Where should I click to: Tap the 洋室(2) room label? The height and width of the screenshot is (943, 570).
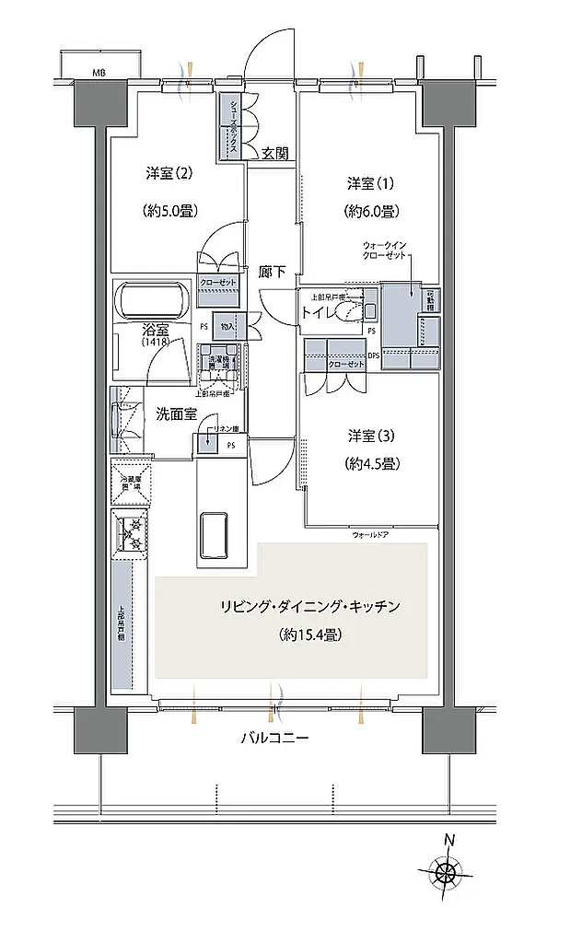(x=168, y=173)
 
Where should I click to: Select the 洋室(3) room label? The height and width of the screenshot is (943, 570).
(x=372, y=435)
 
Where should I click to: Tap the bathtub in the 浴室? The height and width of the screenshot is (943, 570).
(x=152, y=300)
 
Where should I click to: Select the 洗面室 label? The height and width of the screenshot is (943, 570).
(x=177, y=414)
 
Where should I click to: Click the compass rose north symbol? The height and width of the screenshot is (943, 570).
(x=448, y=870)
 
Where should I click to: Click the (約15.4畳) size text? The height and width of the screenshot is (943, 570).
(x=308, y=634)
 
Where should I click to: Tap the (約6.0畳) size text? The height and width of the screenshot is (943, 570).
(x=372, y=212)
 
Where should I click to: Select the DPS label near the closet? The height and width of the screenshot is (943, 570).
(x=373, y=355)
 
